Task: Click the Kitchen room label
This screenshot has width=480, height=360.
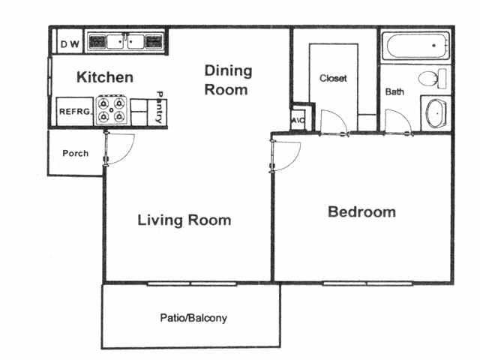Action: click(105, 77)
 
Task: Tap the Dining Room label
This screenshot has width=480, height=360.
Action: click(228, 80)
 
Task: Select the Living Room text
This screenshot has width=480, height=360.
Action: click(184, 220)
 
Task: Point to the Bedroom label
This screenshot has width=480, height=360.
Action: click(361, 212)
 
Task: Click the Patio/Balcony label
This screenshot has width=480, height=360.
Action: click(193, 318)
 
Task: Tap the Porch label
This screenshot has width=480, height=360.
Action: click(75, 153)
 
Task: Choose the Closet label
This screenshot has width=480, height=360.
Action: click(333, 78)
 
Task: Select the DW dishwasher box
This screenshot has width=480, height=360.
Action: click(69, 44)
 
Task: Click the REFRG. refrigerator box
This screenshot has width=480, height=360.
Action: click(74, 112)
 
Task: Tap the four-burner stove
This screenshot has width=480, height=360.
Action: click(112, 110)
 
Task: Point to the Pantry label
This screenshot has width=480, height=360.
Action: click(159, 107)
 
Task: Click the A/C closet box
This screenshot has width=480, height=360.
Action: click(297, 118)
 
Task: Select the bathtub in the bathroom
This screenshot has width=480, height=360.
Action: click(415, 46)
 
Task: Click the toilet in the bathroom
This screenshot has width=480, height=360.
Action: click(432, 79)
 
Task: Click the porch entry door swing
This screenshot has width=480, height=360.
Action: click(120, 150)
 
